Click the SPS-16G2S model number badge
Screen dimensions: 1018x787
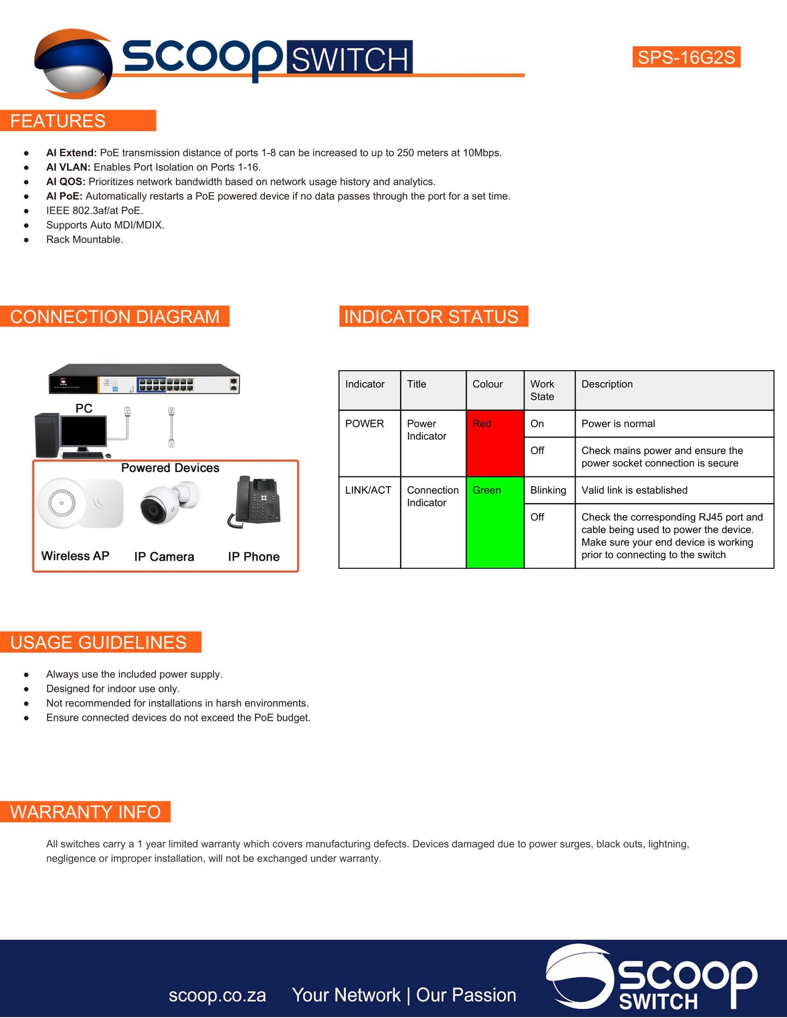[x=686, y=57]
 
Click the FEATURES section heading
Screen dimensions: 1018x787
[x=58, y=121]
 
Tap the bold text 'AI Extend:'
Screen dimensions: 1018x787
[x=71, y=153]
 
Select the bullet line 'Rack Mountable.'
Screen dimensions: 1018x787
[x=84, y=240]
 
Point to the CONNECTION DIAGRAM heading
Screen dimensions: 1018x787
[x=115, y=316]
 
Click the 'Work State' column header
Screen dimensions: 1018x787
[x=548, y=390]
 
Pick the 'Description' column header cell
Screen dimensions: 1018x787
[x=673, y=390]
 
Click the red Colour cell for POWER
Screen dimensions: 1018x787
[x=495, y=443]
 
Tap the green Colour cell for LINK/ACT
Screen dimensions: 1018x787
[x=495, y=523]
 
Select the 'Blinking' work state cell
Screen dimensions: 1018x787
[x=548, y=490]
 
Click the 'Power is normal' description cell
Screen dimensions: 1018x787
[x=673, y=424]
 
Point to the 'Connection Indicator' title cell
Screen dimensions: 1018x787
[x=433, y=496]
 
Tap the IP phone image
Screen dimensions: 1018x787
[x=256, y=502]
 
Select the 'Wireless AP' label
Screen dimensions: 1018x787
[x=76, y=556]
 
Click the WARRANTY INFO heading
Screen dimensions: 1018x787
[x=86, y=812]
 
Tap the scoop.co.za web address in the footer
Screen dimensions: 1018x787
[x=217, y=995]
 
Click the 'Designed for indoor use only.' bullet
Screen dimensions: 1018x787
[x=113, y=689]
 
